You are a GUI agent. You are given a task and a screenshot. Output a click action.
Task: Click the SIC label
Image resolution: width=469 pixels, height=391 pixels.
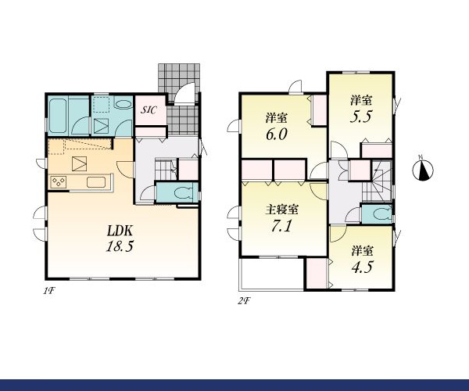pyautogui.click(x=149, y=110)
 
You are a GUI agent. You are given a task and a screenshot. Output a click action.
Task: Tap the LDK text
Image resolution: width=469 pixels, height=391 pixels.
pyautogui.click(x=120, y=231)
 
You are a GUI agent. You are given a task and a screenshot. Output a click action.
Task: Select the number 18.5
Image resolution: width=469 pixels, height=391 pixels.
pyautogui.click(x=120, y=246)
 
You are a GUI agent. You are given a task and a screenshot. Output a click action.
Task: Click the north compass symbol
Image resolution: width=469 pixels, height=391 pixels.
pyautogui.click(x=423, y=170)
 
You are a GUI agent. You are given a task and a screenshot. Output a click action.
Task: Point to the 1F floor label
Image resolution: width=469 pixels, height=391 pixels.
pyautogui.click(x=49, y=290)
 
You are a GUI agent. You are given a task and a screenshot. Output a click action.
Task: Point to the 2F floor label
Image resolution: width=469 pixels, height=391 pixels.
pyautogui.click(x=244, y=301)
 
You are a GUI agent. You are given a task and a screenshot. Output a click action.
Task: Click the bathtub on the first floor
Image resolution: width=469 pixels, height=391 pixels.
pyautogui.click(x=57, y=116)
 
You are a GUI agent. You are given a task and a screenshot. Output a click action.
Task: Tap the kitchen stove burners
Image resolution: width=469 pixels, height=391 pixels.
pyautogui.click(x=59, y=182)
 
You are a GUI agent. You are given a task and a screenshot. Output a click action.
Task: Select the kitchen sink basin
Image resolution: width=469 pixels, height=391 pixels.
pyautogui.click(x=96, y=182)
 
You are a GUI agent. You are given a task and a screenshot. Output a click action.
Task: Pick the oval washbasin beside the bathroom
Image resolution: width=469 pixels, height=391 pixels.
pyautogui.click(x=123, y=105)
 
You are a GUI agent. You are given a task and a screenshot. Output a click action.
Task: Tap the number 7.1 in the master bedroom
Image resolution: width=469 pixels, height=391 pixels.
pyautogui.click(x=281, y=226)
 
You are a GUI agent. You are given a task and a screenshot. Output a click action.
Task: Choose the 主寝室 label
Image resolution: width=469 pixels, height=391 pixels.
pyautogui.click(x=281, y=210)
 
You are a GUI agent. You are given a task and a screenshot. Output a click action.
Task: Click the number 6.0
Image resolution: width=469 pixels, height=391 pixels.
pyautogui.click(x=277, y=134)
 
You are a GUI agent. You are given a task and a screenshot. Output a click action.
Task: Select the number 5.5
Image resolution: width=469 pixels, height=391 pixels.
pyautogui.click(x=361, y=117)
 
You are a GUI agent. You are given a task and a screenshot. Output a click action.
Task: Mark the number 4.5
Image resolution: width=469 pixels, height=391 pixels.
pyautogui.click(x=362, y=267)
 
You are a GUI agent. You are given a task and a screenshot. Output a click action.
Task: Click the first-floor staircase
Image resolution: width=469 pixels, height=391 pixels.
pyautogui.click(x=166, y=170)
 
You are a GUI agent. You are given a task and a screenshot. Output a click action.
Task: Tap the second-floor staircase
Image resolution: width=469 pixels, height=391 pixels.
pyautogui.click(x=378, y=181)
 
